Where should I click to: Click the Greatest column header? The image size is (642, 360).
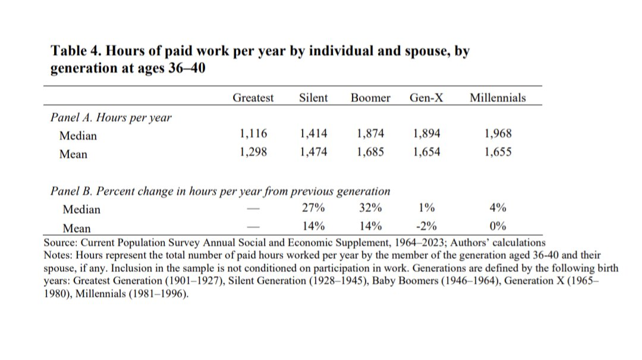(x=253, y=98)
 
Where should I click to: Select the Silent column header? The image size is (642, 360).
(x=313, y=98)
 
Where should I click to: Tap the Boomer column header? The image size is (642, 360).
(x=370, y=98)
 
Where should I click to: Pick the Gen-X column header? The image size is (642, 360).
(x=426, y=98)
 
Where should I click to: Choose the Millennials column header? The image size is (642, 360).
(x=498, y=98)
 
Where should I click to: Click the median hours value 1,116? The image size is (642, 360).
(x=253, y=134)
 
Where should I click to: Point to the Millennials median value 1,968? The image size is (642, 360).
(x=498, y=134)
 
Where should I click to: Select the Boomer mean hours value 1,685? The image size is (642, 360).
(x=370, y=152)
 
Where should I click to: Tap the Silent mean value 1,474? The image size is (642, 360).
(x=313, y=152)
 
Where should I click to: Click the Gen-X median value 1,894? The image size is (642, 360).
(x=426, y=134)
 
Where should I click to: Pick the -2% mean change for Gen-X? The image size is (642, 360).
(x=426, y=226)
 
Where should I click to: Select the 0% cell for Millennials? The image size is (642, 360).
(x=498, y=226)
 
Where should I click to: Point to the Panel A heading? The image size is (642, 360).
(x=111, y=118)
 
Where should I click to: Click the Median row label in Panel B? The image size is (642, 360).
(x=81, y=209)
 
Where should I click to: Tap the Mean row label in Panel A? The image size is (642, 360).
(x=73, y=154)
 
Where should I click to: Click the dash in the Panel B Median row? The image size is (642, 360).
(x=253, y=209)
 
